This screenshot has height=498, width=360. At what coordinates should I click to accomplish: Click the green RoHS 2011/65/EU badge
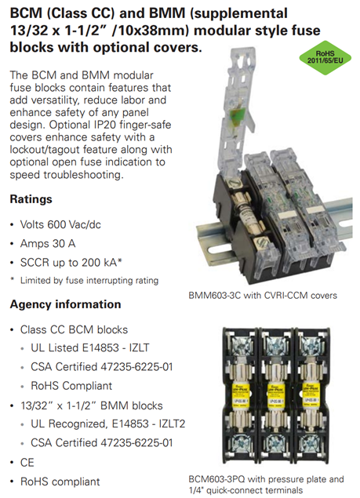[x=325, y=57]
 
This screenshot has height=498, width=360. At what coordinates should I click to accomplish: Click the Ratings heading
[x=31, y=199]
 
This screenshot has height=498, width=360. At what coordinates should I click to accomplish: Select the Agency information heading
[x=65, y=304]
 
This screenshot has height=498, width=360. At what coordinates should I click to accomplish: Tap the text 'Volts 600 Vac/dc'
[x=60, y=224]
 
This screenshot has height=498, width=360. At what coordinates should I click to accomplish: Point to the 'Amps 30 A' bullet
[x=48, y=244]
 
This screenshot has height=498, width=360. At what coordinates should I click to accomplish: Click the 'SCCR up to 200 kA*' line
[x=71, y=263]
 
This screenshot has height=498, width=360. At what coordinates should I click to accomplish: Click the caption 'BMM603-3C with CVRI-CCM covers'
[x=263, y=296]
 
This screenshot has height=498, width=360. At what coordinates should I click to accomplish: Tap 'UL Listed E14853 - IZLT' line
[x=90, y=347]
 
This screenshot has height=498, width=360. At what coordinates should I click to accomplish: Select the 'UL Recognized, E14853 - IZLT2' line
[x=107, y=423]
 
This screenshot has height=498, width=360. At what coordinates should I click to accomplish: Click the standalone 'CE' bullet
[x=27, y=463]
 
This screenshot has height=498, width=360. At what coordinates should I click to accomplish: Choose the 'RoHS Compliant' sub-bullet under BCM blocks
[x=71, y=386]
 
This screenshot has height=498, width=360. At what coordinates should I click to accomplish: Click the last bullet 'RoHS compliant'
[x=60, y=482]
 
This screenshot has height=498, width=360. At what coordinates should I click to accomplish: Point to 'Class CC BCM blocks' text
[x=74, y=329]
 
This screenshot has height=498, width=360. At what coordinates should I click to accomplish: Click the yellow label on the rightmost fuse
[x=311, y=394]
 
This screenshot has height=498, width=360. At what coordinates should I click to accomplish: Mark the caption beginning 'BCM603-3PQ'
[x=266, y=485]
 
